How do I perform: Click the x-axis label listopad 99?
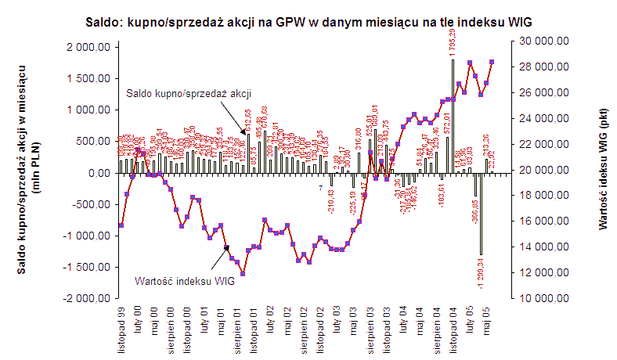(x=121, y=328)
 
